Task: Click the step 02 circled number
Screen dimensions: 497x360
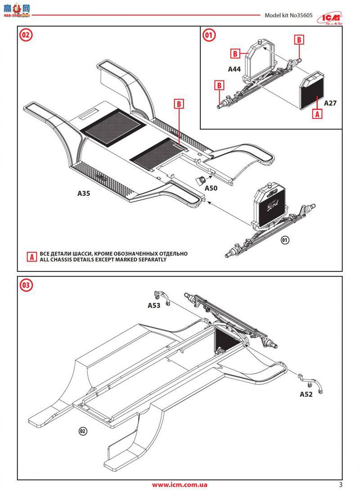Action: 26,35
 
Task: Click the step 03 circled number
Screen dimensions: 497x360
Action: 26,285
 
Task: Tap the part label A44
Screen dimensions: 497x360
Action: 234,69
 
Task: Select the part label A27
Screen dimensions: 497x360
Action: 330,103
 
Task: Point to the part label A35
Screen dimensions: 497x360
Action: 84,193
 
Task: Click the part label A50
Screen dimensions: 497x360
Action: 211,188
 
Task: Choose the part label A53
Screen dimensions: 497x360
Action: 154,305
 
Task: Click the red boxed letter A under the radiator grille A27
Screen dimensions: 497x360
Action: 317,114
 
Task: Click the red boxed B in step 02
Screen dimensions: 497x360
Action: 179,104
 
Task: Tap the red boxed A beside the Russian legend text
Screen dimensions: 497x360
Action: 31,257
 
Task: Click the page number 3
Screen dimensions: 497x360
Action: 341,485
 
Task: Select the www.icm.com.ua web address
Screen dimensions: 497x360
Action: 180,485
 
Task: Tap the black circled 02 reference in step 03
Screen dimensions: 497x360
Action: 82,431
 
